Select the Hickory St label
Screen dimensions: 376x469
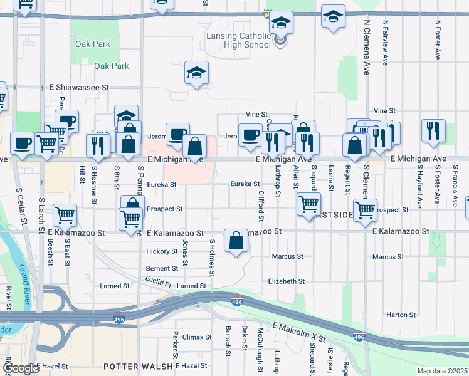tap(162, 251)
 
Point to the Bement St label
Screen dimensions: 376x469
tap(162, 268)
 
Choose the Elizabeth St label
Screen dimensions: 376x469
tap(286, 281)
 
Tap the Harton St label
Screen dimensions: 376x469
tap(401, 315)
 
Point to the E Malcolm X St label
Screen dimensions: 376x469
tap(299, 332)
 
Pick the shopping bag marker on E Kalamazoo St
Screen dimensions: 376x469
tap(236, 242)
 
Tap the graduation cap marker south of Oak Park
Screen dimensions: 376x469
tap(196, 73)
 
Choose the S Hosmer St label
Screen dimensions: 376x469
tap(95, 183)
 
